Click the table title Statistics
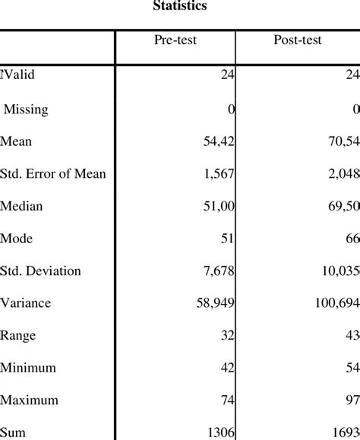180,6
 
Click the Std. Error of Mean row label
53,174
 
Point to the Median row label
22,207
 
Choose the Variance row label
26,303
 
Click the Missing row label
27,109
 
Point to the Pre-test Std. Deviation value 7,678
217,271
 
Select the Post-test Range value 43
351,336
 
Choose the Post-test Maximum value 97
351,400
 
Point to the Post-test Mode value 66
351,239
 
